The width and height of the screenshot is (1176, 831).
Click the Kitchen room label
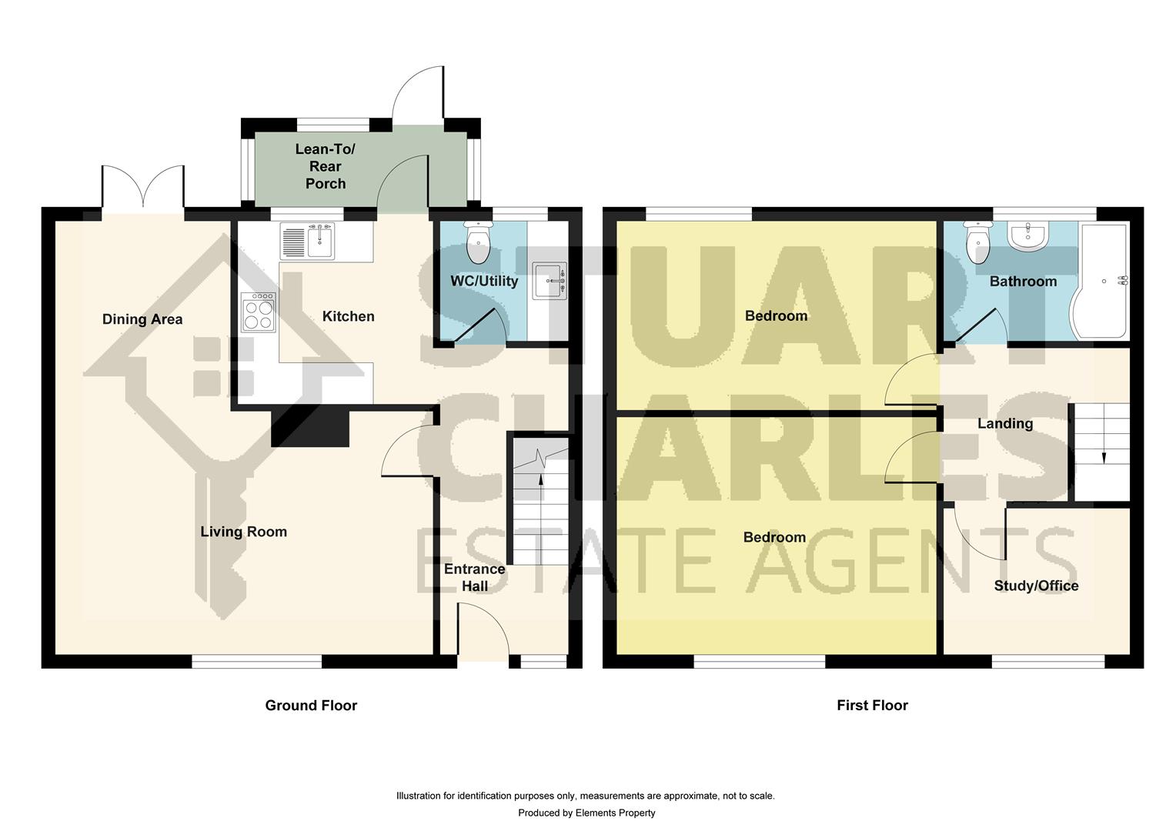click(348, 316)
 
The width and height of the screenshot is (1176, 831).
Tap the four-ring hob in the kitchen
click(259, 312)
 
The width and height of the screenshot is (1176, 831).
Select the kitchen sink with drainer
click(307, 241)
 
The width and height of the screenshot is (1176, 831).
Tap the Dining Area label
click(142, 319)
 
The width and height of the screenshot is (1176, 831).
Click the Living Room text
click(244, 532)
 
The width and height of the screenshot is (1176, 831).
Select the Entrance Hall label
click(475, 577)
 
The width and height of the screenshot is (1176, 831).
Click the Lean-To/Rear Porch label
click(326, 166)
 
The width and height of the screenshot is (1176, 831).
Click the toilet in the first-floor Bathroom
click(977, 242)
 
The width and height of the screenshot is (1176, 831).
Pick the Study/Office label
click(1037, 586)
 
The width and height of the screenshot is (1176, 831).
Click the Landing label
click(1005, 424)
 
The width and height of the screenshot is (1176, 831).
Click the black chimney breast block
click(310, 427)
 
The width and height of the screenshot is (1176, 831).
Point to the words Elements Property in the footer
click(615, 813)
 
